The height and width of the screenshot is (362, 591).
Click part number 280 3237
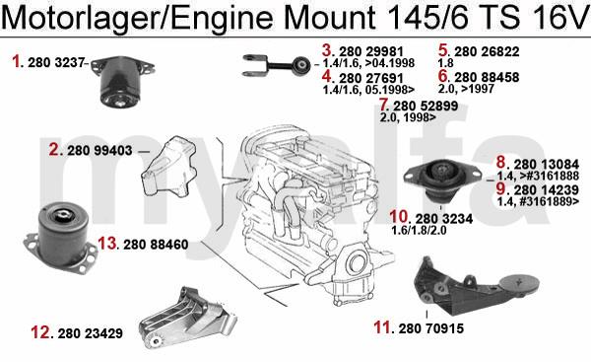point(55,63)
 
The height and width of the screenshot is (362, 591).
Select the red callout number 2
point(54,150)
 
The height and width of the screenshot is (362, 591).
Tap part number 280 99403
point(99,151)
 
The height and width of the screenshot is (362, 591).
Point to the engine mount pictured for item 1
point(122,81)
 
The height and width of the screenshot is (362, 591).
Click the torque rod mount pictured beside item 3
point(277,65)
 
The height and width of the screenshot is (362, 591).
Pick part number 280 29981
point(371,51)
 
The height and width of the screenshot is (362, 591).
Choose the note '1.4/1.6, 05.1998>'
point(368,90)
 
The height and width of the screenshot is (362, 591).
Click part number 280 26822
point(487,51)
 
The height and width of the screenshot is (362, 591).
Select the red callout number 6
point(443,76)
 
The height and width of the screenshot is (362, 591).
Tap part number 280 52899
point(426,107)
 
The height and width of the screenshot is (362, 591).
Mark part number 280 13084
point(547,165)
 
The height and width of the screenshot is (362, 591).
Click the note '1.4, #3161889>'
point(538,201)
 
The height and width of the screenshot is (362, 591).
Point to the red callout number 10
point(399,217)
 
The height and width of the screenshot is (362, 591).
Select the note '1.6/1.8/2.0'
point(420,230)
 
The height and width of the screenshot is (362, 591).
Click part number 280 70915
point(430,328)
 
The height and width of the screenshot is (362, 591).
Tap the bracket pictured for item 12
point(187,319)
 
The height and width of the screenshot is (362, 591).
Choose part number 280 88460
point(156,245)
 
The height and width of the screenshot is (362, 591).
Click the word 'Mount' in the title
point(329,18)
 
